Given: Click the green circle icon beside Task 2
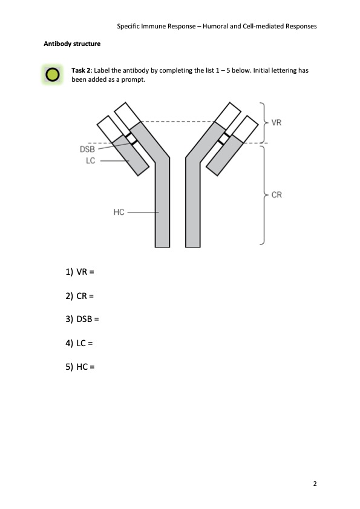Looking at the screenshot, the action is point(52,74).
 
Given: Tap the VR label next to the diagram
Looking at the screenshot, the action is point(277,123).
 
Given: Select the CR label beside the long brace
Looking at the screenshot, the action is point(277,195).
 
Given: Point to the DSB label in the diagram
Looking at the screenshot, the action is point(87,149).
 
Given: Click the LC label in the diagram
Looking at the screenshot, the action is point(91,160).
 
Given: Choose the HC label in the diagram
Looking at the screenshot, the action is point(119,212).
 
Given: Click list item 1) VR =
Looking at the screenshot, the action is point(80,272).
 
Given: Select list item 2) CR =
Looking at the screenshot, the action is point(79,296).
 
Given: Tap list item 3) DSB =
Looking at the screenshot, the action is point(82,319).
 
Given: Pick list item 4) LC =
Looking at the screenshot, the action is point(79,343).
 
